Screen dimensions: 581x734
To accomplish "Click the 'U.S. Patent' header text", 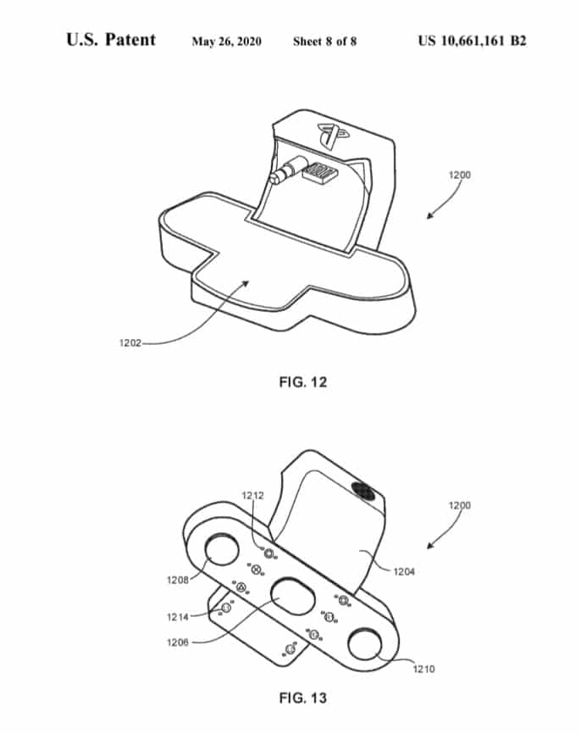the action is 111,40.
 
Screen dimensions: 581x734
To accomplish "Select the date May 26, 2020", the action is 226,42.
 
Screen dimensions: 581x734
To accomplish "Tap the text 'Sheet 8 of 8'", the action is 324,42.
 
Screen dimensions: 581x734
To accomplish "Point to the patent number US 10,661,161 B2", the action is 472,41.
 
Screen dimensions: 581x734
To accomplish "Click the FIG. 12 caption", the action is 303,382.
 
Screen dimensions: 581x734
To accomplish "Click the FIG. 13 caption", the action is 303,698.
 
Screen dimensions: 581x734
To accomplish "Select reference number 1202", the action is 130,342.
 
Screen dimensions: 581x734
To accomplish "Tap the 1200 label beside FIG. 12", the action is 460,175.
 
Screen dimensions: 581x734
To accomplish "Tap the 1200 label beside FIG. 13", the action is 460,505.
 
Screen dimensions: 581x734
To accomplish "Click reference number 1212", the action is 252,495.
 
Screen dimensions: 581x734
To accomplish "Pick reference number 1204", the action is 404,571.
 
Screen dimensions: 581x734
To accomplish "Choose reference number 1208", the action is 178,580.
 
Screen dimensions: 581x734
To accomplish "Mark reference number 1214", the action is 178,617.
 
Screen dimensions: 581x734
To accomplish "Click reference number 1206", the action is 178,642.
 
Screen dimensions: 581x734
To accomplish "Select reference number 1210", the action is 423,669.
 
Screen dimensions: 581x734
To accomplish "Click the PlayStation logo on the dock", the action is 333,135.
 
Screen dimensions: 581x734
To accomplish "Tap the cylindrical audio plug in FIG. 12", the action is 287,171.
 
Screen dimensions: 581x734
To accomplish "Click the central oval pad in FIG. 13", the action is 293,597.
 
